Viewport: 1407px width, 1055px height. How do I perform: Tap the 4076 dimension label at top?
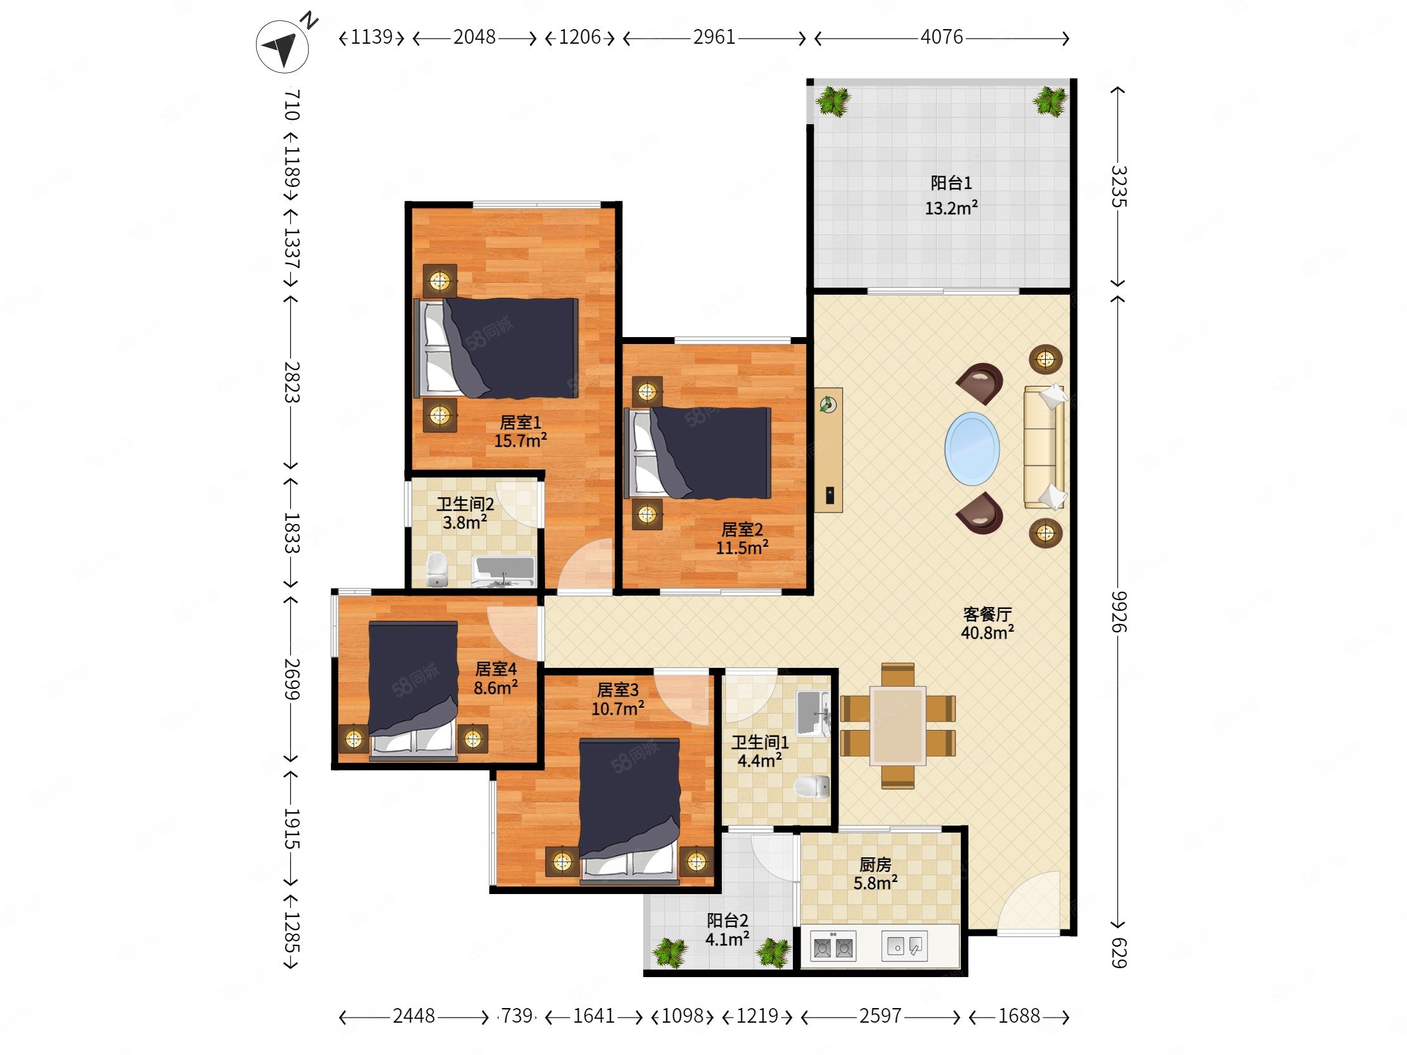(941, 37)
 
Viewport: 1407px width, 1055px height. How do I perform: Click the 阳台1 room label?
(951, 183)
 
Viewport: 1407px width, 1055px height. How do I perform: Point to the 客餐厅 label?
(987, 613)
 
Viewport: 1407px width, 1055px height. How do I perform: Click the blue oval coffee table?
(972, 449)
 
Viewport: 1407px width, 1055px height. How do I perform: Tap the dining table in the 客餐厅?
(898, 726)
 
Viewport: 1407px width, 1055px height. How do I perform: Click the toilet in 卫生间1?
(813, 786)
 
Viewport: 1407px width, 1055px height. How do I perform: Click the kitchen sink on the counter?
(904, 946)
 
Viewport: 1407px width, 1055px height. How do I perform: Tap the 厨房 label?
(875, 865)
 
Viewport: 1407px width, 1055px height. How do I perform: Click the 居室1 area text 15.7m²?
(520, 440)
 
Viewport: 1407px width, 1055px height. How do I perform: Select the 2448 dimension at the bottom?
(413, 1016)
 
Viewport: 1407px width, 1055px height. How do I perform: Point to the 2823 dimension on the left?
(292, 381)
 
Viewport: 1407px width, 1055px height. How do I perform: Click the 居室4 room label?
(496, 669)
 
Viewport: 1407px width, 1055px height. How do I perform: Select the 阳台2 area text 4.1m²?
(727, 938)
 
